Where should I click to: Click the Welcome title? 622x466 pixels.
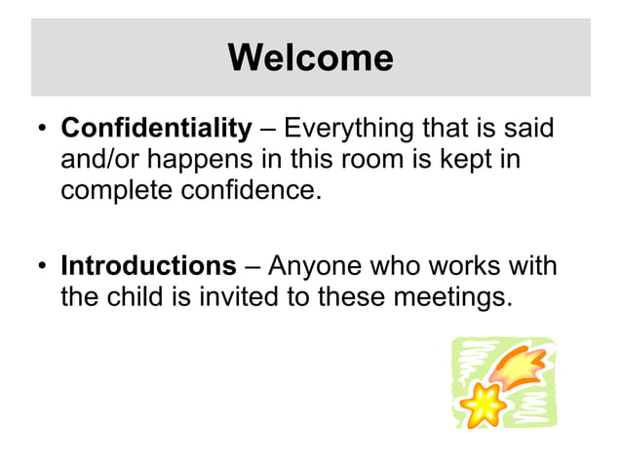point(310,58)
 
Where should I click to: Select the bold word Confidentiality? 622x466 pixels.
point(156,128)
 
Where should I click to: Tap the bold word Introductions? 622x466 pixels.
point(148,266)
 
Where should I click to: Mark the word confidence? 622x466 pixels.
point(251,188)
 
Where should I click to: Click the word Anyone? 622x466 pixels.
point(317,266)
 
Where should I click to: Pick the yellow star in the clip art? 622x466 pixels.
point(479,403)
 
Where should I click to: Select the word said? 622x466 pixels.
point(535,128)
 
